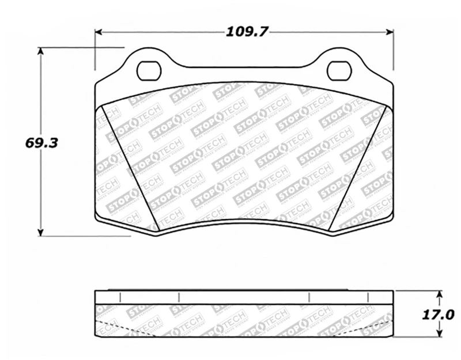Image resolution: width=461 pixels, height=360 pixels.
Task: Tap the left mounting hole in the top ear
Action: point(148,70)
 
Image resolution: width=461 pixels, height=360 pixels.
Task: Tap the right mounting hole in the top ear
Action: point(338,70)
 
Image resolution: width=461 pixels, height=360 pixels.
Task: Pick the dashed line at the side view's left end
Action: point(115,328)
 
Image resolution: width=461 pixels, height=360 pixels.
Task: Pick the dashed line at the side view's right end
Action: point(372,328)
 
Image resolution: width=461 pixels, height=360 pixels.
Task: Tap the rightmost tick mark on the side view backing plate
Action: point(368,298)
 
